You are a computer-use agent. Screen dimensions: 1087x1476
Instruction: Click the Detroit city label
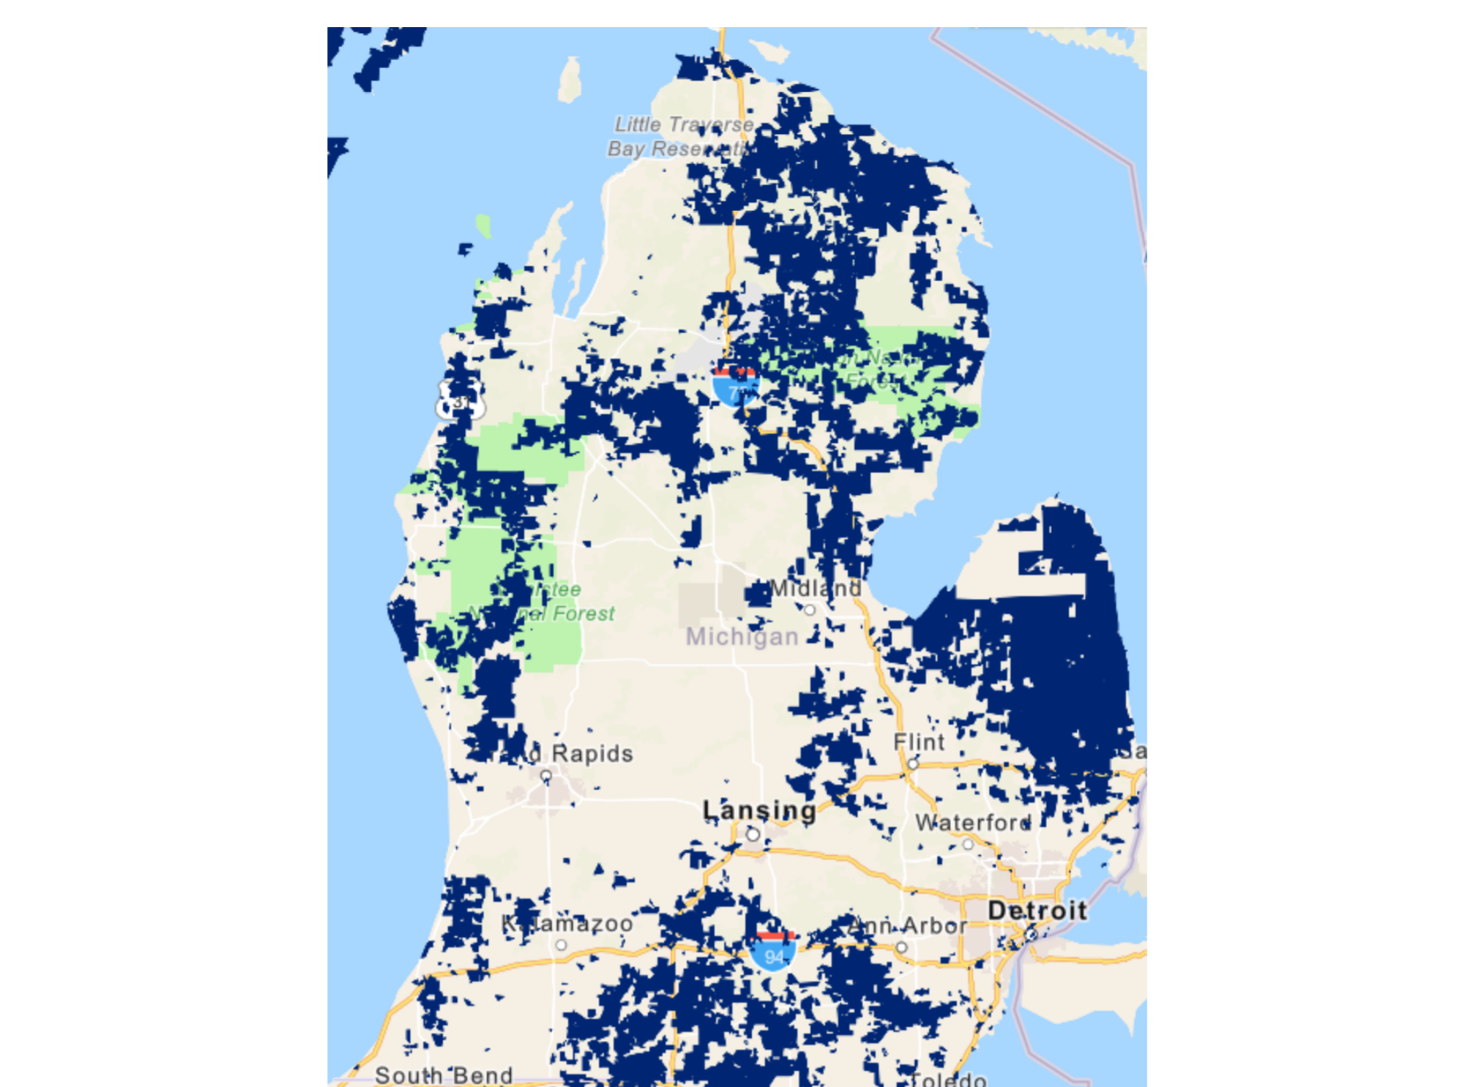tap(1037, 911)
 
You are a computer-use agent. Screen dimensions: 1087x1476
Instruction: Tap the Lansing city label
tap(759, 810)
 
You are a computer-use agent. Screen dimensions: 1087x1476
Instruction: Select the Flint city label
tap(919, 742)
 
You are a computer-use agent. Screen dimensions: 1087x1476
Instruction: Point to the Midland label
tap(816, 589)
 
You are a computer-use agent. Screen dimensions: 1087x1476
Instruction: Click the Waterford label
tap(973, 823)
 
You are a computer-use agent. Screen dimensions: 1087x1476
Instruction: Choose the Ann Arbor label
tap(908, 926)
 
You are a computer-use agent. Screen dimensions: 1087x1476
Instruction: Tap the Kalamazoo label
tap(567, 924)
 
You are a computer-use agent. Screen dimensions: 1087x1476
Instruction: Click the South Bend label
tap(444, 1075)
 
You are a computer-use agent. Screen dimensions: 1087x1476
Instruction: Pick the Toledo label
tap(949, 1080)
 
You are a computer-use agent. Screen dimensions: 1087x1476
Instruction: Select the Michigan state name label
tap(742, 637)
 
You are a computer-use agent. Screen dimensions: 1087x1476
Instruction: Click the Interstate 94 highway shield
tap(773, 951)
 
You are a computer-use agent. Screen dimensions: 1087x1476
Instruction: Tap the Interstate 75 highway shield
tap(736, 386)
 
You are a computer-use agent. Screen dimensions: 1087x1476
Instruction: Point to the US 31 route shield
tap(460, 400)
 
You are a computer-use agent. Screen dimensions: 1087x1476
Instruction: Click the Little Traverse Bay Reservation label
tap(681, 137)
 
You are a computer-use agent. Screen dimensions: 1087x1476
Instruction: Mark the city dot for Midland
tap(809, 610)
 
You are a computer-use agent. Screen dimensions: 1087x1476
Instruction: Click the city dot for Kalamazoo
tap(561, 945)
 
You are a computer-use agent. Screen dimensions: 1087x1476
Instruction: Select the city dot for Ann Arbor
tap(902, 947)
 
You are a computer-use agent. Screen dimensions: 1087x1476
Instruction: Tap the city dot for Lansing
tap(752, 834)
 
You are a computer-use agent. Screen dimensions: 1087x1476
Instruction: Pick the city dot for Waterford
tap(968, 844)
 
